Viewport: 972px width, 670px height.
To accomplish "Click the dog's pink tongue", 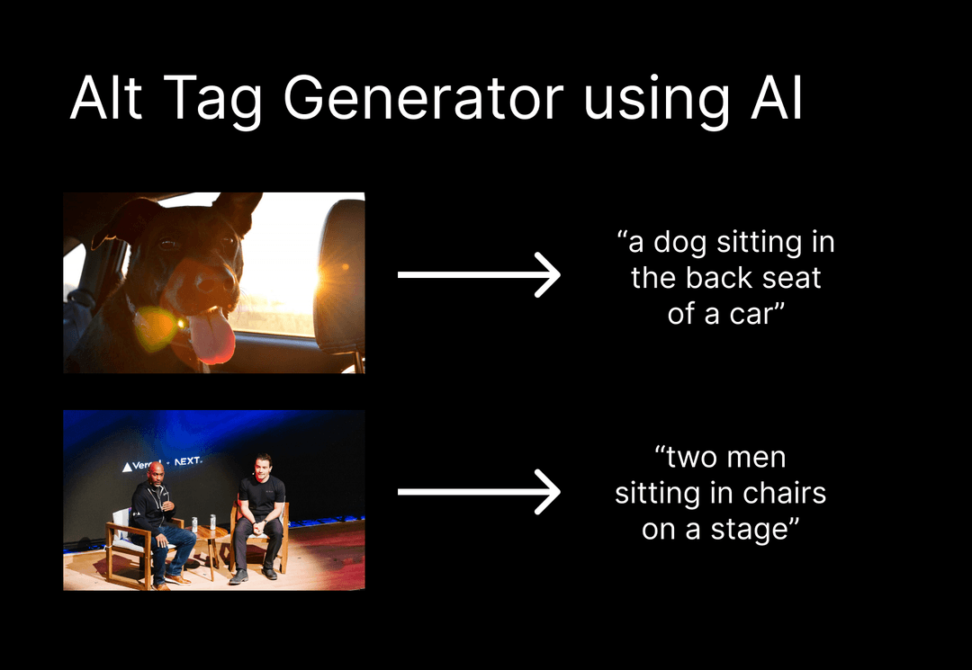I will [212, 337].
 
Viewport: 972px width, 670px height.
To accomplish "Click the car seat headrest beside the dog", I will [342, 270].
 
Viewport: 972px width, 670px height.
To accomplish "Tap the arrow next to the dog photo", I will [479, 274].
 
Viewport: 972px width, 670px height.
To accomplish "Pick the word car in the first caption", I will [750, 315].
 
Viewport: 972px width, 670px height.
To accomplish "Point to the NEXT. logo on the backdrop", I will [188, 461].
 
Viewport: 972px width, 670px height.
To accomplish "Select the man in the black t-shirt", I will [260, 513].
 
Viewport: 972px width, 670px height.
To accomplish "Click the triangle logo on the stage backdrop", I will [126, 467].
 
